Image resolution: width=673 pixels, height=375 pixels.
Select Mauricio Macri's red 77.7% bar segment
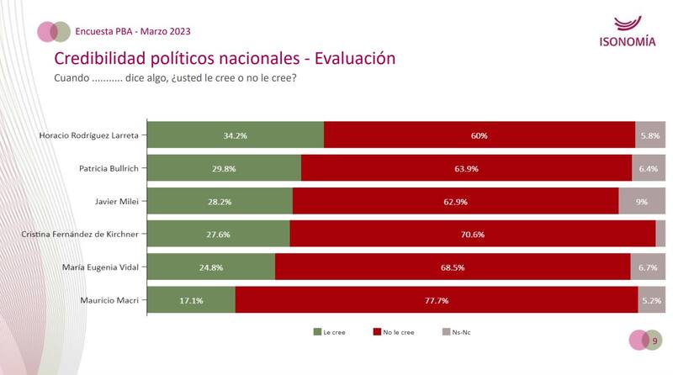click(x=437, y=300)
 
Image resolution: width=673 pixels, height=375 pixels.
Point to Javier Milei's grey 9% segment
click(x=642, y=202)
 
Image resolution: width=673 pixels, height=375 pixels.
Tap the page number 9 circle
click(x=654, y=340)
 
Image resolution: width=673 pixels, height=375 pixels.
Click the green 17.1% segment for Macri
click(x=192, y=300)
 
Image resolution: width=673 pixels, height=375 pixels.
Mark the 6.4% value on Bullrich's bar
click(x=649, y=168)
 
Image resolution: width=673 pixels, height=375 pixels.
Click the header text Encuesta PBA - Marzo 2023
click(x=134, y=31)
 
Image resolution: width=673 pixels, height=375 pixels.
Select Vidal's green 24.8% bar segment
click(x=211, y=267)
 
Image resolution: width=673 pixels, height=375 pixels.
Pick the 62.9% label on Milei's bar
click(x=455, y=202)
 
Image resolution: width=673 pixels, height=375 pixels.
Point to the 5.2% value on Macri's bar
click(x=651, y=300)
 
